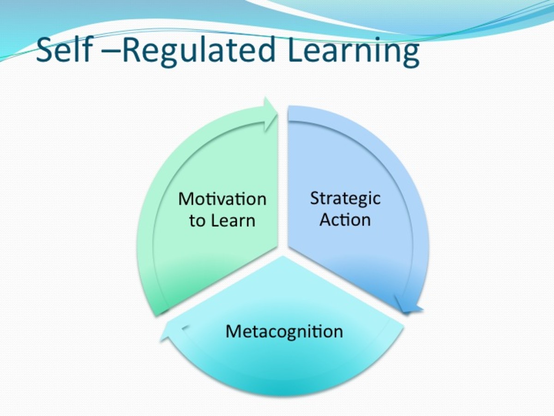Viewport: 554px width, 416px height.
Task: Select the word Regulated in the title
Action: [199, 51]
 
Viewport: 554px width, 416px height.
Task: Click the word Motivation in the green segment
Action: [222, 199]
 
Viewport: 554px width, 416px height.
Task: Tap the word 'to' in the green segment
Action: [197, 221]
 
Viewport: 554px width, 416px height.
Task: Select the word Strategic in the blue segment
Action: [345, 198]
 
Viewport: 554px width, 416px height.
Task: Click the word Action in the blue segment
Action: [345, 219]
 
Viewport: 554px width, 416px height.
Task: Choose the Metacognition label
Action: [284, 331]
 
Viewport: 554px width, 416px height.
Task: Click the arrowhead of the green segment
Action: [270, 114]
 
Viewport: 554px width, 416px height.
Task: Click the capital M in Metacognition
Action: [233, 331]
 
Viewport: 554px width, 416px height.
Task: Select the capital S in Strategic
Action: [315, 198]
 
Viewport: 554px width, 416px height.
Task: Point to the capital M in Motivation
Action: [186, 199]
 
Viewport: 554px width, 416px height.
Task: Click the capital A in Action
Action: [326, 219]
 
